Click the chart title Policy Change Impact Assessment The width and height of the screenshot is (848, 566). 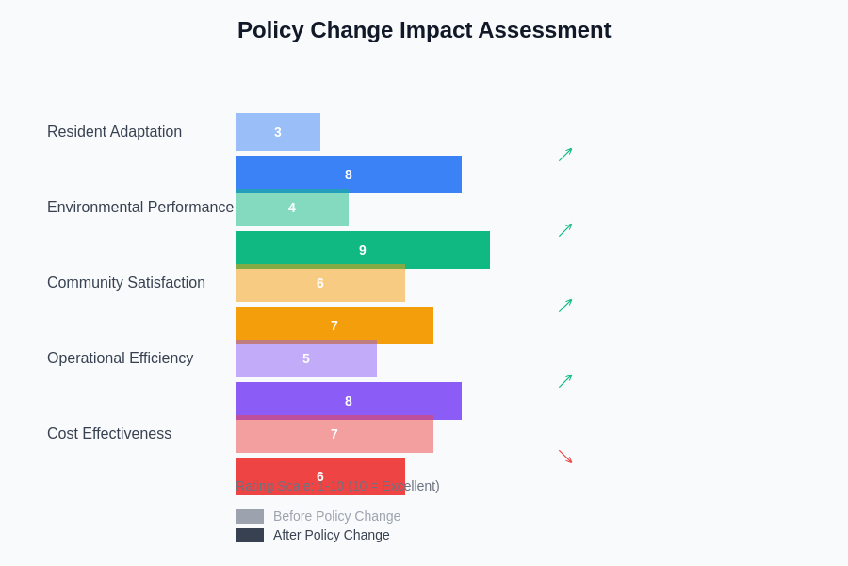[x=424, y=30]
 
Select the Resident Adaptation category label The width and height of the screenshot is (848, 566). [x=114, y=132]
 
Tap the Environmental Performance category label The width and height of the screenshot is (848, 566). [x=140, y=208]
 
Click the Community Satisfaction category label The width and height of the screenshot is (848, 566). [x=126, y=283]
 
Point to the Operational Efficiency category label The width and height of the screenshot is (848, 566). [x=120, y=358]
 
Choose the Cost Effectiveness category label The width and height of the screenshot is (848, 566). [x=109, y=434]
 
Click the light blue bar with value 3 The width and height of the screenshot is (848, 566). [x=278, y=132]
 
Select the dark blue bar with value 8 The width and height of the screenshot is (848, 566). [x=349, y=175]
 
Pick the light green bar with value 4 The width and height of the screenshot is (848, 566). [x=292, y=209]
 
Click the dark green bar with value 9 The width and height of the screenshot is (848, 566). [x=363, y=250]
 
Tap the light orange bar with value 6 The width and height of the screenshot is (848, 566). [x=320, y=285]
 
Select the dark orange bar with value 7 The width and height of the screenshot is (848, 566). [x=334, y=325]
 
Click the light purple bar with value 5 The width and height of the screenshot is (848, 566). [x=306, y=360]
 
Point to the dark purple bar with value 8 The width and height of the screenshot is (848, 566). [x=349, y=401]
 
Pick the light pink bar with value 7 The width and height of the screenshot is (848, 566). [x=334, y=436]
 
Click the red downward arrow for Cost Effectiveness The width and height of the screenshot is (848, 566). [x=565, y=457]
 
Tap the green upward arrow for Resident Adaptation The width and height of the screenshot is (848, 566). [x=565, y=155]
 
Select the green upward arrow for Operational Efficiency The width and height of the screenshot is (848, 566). [x=565, y=381]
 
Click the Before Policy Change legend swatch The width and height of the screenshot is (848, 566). [x=250, y=516]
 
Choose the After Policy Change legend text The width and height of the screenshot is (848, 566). [x=331, y=535]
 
